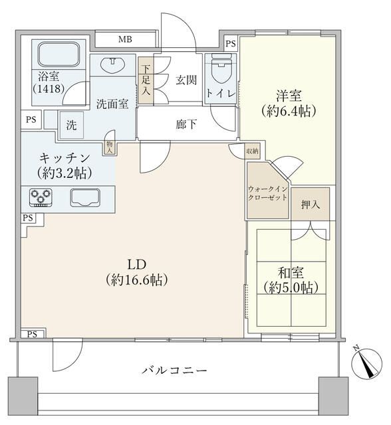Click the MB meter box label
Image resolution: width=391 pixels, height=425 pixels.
tap(125, 40)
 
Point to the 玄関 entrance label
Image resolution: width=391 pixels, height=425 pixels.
tap(186, 80)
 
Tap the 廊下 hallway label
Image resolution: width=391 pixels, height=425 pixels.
tap(186, 124)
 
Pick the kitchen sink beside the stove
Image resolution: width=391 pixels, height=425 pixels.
tap(84, 197)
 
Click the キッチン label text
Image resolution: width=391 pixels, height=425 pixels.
tap(65, 159)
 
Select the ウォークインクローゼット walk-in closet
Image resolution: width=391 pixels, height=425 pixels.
tap(267, 193)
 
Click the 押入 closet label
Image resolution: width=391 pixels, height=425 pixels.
tap(311, 204)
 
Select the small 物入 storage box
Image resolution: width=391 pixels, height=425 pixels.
tap(110, 146)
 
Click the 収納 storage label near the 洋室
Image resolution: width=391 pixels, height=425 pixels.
tap(251, 151)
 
